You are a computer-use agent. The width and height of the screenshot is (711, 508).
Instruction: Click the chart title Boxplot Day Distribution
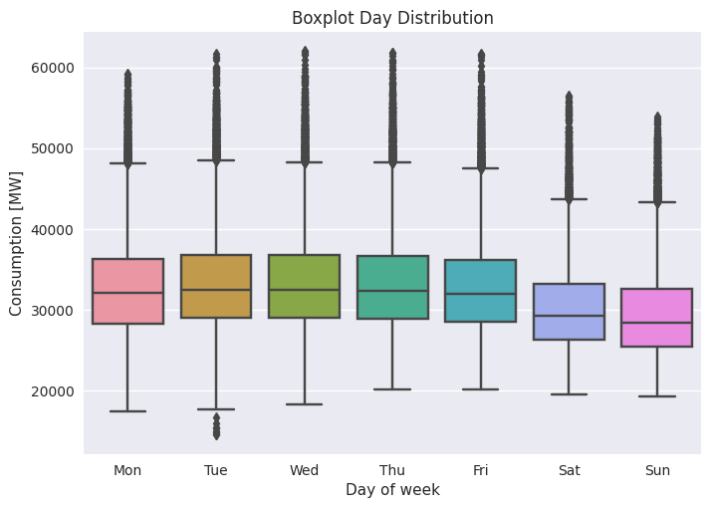(392, 18)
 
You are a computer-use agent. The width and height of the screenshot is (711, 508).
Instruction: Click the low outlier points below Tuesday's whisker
(216, 427)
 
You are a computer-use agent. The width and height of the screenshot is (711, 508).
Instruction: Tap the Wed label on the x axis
(304, 470)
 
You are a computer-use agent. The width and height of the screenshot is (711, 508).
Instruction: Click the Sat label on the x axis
(569, 470)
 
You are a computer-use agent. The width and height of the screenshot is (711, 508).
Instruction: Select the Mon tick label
(127, 470)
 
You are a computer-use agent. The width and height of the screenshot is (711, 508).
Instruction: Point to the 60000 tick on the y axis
(52, 68)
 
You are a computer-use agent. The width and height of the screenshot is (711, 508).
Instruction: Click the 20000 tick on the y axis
(52, 391)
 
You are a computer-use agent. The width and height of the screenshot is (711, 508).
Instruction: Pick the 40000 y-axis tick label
(52, 230)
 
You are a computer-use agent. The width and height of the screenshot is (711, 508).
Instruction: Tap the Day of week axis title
(392, 490)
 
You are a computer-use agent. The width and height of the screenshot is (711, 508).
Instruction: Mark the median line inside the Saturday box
(569, 316)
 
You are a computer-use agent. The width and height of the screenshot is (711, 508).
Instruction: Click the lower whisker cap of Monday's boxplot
(127, 411)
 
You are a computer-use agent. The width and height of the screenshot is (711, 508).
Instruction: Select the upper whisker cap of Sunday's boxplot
(656, 202)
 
